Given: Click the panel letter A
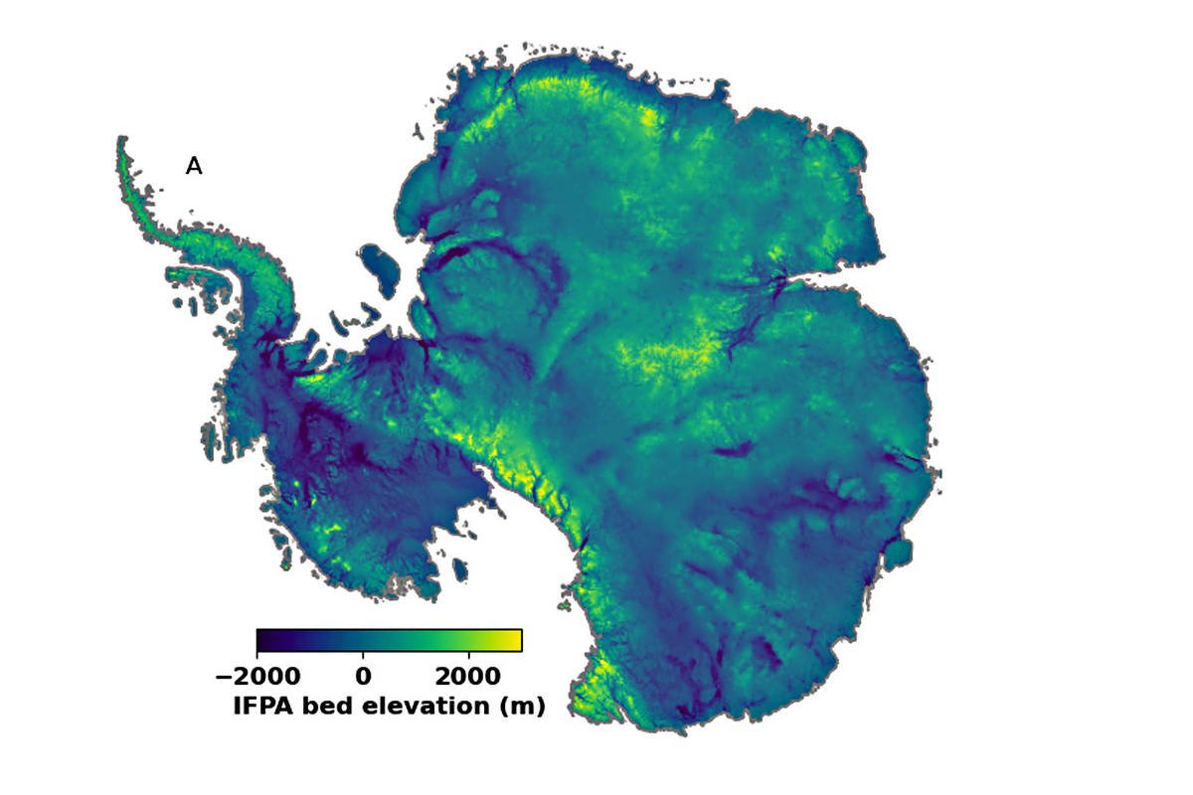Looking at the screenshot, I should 194,167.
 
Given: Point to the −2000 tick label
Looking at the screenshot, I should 258,677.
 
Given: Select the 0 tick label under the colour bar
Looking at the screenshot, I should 364,677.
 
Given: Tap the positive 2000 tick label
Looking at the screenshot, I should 468,677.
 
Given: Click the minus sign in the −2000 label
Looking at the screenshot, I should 223,677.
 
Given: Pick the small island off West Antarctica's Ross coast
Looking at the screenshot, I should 460,569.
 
